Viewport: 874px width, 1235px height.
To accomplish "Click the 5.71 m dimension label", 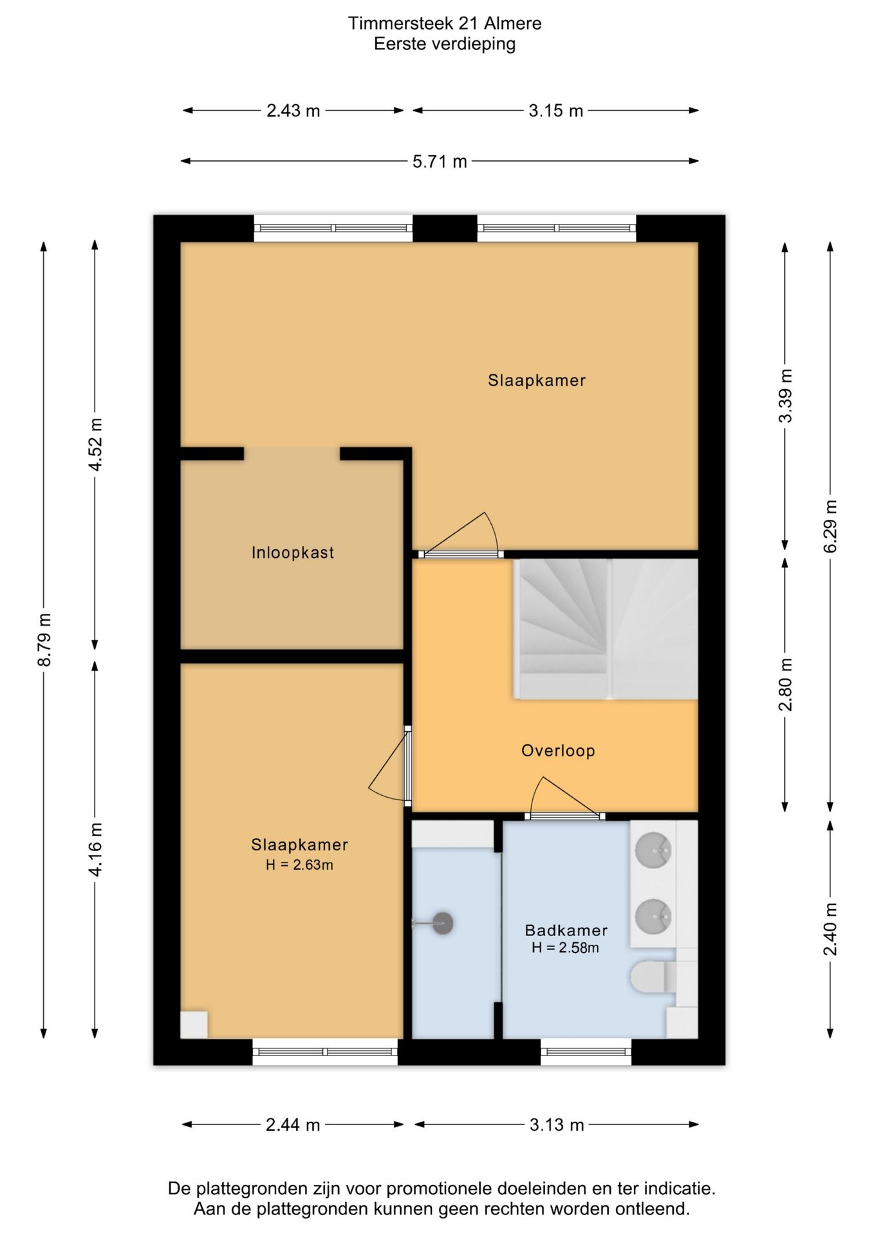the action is tap(440, 161).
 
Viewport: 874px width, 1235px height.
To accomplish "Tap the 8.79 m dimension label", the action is tap(44, 640).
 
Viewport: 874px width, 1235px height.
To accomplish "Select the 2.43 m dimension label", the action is tap(293, 111).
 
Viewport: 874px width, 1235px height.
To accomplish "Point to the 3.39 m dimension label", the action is tap(785, 396).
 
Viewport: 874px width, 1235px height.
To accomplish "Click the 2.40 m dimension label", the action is tap(830, 929).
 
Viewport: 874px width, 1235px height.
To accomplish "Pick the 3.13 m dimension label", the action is tap(557, 1125).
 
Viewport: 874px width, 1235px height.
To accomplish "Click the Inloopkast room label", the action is tap(293, 553).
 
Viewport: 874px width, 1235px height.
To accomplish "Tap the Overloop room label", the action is tap(558, 750).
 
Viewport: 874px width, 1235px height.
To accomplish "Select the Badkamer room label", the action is tap(566, 930).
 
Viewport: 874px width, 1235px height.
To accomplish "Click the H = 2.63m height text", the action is tap(299, 865).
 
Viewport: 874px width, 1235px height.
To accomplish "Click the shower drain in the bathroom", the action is tap(443, 924).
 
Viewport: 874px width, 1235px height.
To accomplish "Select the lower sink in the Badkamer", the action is tap(653, 916).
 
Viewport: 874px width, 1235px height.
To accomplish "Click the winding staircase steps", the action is tap(563, 628).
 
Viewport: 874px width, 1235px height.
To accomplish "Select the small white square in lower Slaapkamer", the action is tap(194, 1025).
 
